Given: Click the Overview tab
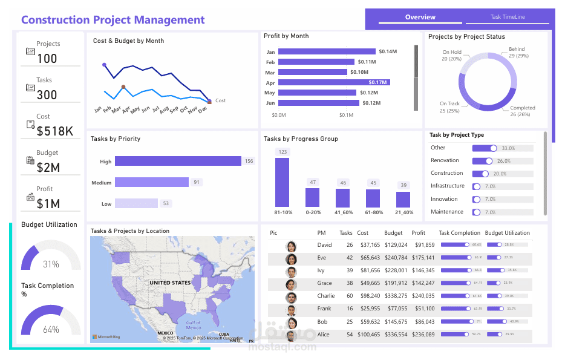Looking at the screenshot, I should [420, 18].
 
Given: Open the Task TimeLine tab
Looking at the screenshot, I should [508, 18].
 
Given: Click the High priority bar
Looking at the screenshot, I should [178, 162].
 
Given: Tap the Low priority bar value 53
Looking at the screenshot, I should [166, 204].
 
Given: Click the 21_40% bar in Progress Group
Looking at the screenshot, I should [403, 200].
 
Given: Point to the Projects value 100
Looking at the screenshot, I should [47, 59].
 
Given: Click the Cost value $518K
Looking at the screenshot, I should [54, 131].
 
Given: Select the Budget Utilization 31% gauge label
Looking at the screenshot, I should [51, 264].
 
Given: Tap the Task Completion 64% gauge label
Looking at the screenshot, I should [51, 330].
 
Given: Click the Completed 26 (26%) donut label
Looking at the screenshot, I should [522, 111].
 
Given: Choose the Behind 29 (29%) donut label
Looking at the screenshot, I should [518, 53].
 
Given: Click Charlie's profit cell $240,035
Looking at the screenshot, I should [423, 296].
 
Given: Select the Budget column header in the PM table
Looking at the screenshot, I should [393, 233].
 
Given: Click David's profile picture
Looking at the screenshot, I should [292, 246].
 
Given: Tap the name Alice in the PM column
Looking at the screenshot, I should [324, 335].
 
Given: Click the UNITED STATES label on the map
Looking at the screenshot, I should [170, 283].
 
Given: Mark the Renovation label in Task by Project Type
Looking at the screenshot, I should [445, 160].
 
